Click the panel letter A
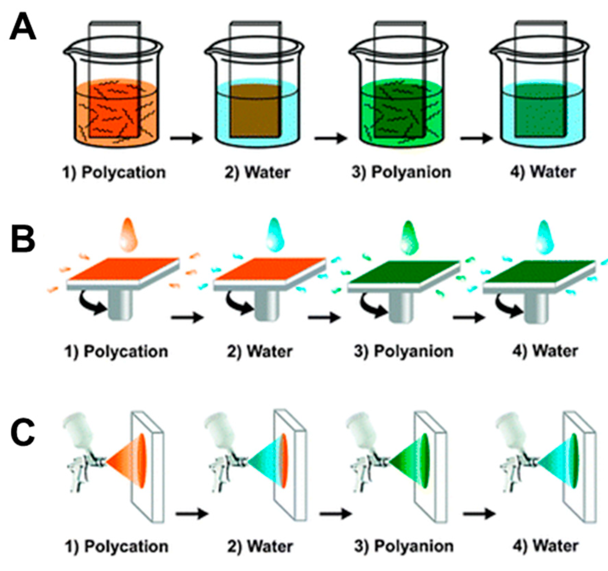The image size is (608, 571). click(x=23, y=27)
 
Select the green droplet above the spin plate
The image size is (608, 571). click(x=410, y=235)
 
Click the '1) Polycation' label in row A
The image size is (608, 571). click(x=114, y=172)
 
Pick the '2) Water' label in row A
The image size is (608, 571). click(x=257, y=172)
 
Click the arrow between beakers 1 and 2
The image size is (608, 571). click(x=186, y=138)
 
